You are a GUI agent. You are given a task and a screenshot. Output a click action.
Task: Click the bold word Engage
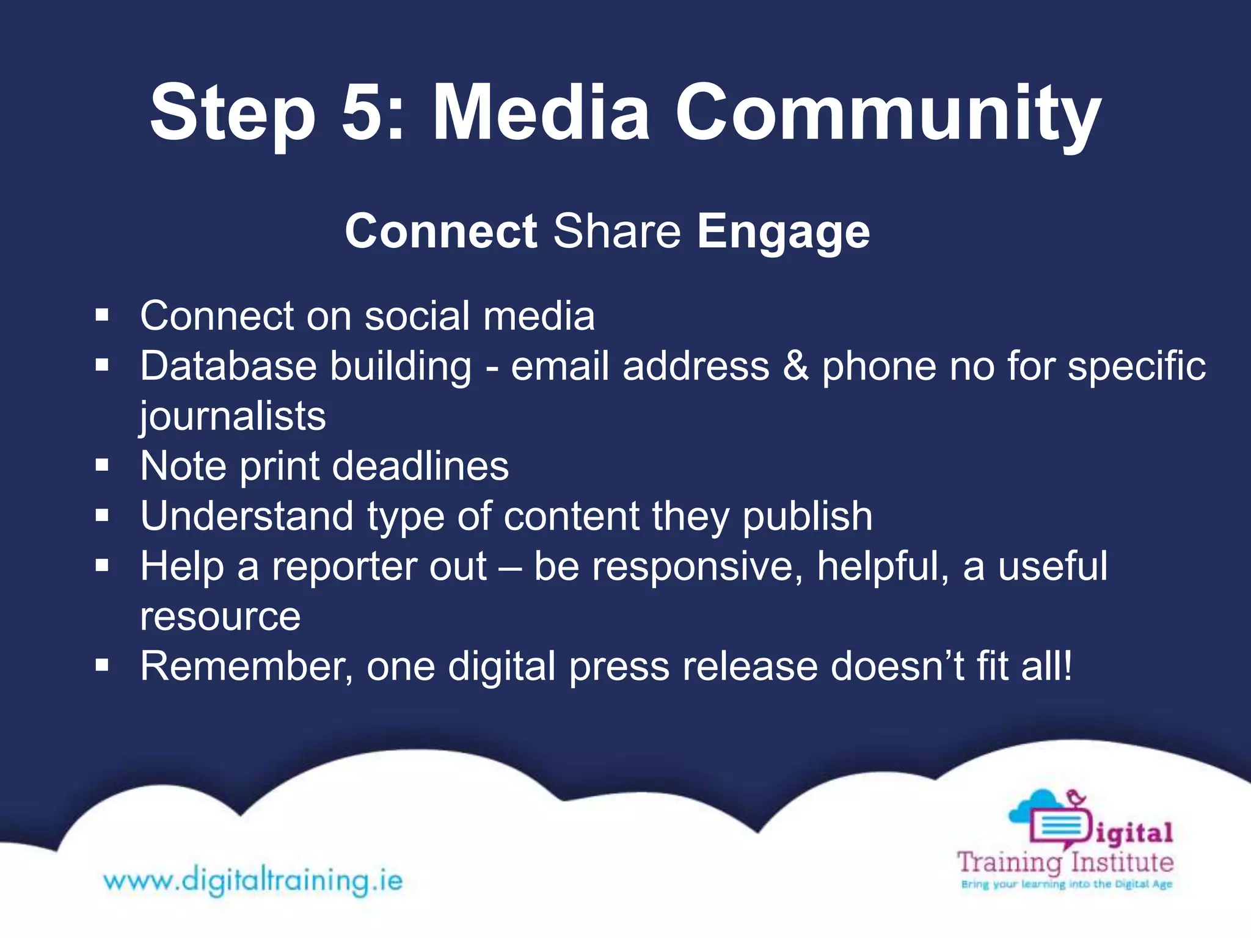click(x=783, y=232)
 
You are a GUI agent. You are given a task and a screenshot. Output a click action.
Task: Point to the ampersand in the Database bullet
click(x=795, y=366)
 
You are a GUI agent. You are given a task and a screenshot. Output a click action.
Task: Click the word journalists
click(x=233, y=417)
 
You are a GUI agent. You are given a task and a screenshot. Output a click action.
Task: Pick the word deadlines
click(x=420, y=466)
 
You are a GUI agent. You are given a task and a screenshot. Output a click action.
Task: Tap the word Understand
click(x=247, y=516)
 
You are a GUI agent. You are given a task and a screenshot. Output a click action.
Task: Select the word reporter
click(x=379, y=567)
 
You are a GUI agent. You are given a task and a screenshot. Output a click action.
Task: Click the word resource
click(x=220, y=617)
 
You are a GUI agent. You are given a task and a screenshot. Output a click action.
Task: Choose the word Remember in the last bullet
click(x=246, y=666)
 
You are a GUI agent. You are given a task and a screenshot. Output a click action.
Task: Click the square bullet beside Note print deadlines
click(x=102, y=467)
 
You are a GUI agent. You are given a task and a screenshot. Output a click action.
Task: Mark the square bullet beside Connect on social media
click(x=102, y=316)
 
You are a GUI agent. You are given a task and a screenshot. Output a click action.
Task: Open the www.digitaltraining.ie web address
click(x=253, y=881)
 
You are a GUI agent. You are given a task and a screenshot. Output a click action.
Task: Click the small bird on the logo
click(x=1076, y=797)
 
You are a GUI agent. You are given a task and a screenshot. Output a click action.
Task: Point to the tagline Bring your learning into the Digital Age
click(x=1066, y=884)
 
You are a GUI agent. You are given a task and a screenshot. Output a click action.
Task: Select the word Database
click(x=228, y=366)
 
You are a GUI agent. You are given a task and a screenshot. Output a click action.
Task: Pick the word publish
click(x=807, y=517)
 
